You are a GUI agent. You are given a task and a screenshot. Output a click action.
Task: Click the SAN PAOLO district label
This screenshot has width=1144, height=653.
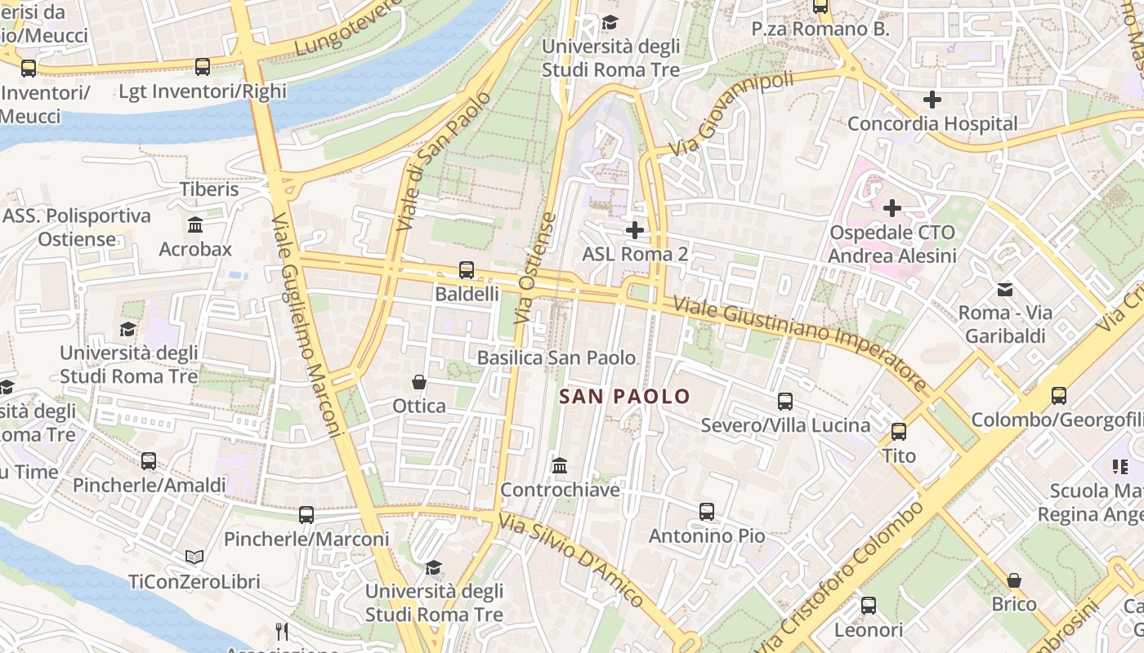click(625, 397)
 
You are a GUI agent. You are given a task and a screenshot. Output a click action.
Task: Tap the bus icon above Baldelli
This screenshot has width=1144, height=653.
click(467, 269)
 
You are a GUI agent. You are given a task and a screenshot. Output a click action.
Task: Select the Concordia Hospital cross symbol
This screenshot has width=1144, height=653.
click(932, 100)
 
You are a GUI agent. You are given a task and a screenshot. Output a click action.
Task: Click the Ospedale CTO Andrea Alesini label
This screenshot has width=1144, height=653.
click(892, 244)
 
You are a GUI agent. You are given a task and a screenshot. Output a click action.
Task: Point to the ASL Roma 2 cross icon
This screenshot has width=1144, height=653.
click(634, 230)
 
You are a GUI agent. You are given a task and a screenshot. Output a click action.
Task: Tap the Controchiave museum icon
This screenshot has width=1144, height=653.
click(560, 465)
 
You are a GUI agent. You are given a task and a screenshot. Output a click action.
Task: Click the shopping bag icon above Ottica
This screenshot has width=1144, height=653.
click(419, 381)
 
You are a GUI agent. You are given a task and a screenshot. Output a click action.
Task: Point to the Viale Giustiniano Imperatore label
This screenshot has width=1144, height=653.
click(800, 344)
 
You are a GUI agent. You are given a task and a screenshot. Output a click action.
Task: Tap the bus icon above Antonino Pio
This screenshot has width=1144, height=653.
click(707, 512)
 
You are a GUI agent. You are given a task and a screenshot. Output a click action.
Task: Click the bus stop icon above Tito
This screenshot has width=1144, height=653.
click(899, 431)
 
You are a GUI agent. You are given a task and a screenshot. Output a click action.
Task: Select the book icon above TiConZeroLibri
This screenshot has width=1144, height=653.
click(194, 557)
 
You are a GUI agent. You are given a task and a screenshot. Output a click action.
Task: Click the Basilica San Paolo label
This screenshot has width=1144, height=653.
click(556, 358)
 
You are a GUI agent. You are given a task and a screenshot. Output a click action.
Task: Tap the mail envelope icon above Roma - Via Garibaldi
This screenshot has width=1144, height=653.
click(1004, 289)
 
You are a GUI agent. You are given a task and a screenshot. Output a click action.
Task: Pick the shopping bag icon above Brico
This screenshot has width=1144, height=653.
click(1013, 580)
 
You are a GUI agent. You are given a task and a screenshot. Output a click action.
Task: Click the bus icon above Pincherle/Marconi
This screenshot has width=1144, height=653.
click(306, 514)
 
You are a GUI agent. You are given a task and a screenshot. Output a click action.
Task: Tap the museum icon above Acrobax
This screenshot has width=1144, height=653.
click(195, 224)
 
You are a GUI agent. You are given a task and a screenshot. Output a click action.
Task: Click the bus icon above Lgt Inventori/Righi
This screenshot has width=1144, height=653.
click(203, 67)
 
